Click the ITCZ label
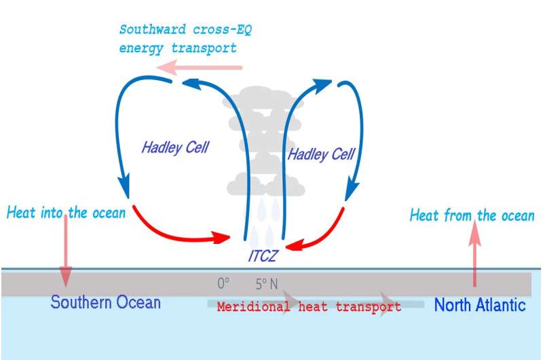263,256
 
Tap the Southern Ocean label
106,302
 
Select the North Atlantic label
480,305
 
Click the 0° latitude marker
223,283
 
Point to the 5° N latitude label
267,284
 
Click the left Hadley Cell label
175,147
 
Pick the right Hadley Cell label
321,154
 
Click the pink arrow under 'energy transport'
199,67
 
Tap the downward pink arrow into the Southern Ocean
65,251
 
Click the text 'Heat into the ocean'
66,213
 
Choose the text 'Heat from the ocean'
472,215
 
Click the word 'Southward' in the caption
152,29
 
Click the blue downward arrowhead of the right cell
351,190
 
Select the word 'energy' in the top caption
141,48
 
